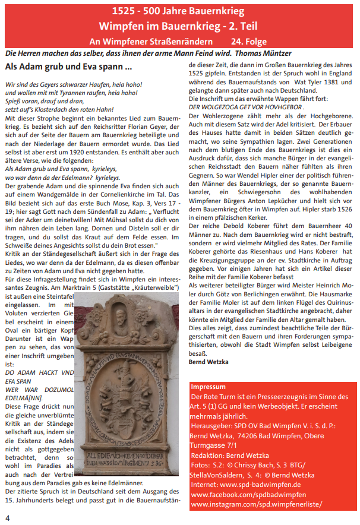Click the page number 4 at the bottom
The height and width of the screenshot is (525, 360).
[8, 517]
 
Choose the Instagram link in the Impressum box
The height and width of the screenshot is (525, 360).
[257, 504]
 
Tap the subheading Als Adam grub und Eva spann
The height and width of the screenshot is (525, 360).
[68, 67]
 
